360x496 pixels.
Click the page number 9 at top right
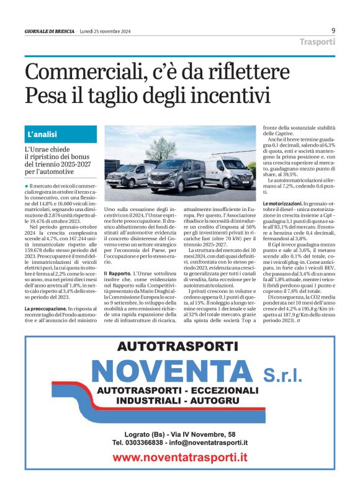[333, 30]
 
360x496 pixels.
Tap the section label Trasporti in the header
[317, 42]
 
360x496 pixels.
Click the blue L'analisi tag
[42, 134]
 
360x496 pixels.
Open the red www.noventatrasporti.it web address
[180, 458]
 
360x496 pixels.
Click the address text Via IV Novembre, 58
[199, 434]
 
